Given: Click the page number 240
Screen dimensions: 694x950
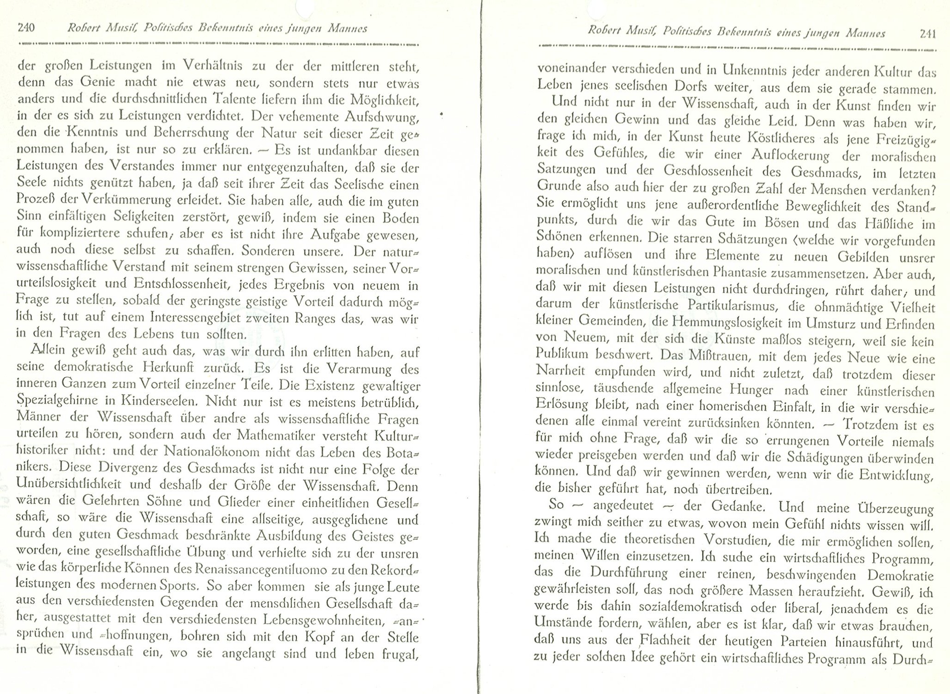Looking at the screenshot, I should (x=26, y=28).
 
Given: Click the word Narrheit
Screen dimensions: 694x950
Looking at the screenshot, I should (x=560, y=372).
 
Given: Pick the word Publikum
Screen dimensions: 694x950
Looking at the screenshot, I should (x=562, y=355).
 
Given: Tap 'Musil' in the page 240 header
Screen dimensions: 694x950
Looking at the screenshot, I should (x=122, y=29).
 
